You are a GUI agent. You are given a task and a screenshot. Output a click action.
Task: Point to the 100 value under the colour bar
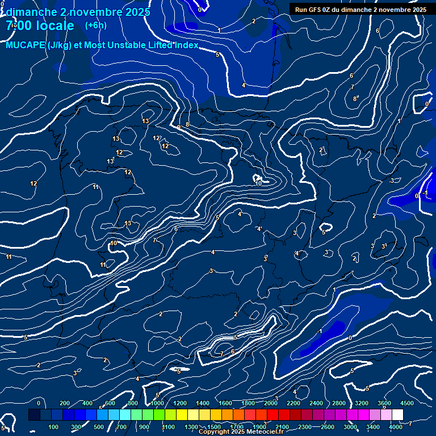point(53,427)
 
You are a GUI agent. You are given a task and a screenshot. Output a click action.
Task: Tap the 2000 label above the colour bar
point(270,403)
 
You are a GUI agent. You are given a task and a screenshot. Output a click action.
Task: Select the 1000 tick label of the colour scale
point(157,403)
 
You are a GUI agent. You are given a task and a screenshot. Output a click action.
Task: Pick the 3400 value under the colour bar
point(373,427)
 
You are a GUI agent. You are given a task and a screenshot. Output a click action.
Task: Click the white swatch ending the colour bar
point(397,415)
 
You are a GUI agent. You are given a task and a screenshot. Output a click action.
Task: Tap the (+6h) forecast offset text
point(95,26)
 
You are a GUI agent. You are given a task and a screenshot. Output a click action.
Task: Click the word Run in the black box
point(301,10)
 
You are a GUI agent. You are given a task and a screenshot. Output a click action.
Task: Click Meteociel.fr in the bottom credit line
point(265,432)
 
